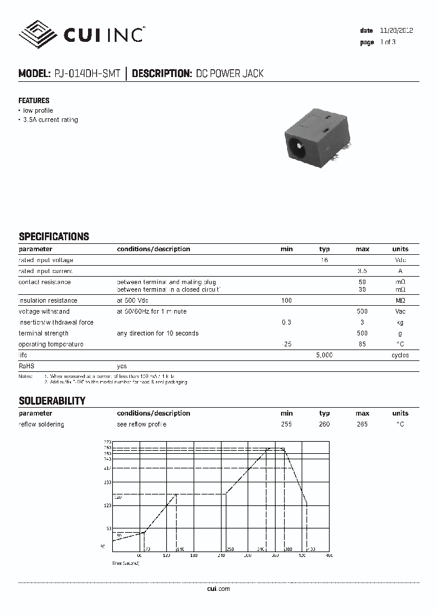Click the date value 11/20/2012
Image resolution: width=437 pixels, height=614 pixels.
(x=396, y=30)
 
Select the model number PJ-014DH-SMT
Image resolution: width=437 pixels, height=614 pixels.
(x=87, y=74)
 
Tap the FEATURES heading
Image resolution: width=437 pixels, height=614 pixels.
(x=34, y=101)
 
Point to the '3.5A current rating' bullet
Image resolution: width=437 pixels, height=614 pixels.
(x=50, y=120)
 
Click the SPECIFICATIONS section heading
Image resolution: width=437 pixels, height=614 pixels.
(x=54, y=237)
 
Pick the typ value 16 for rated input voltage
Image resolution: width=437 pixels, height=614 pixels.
(x=324, y=260)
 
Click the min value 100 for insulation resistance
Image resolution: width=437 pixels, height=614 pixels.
(x=286, y=301)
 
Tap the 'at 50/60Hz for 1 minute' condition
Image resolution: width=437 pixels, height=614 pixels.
(x=152, y=312)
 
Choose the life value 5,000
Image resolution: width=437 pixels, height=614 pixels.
(x=324, y=356)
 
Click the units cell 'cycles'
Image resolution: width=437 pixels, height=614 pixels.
(x=400, y=356)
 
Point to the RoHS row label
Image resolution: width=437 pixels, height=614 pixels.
(x=27, y=366)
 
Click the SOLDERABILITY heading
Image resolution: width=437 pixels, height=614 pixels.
(x=52, y=401)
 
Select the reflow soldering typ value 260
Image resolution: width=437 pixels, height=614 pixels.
(x=324, y=424)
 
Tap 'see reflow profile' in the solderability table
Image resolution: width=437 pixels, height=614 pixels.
(x=141, y=424)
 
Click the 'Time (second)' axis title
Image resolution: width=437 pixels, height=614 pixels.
(x=126, y=564)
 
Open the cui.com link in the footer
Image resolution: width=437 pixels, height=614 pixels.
(x=218, y=589)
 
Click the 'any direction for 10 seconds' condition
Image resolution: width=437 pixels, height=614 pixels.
(x=158, y=334)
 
